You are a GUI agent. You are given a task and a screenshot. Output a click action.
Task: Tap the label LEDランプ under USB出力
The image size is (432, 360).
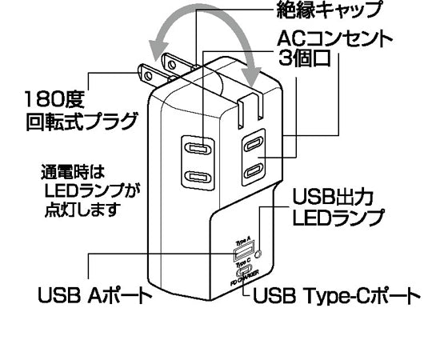[x=336, y=217]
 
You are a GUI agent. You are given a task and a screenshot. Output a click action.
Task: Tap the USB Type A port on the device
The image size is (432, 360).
[x=242, y=255]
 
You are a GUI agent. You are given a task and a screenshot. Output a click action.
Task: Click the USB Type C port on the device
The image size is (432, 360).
[x=242, y=272]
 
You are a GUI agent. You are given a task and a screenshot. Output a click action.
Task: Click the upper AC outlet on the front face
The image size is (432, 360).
[x=198, y=148]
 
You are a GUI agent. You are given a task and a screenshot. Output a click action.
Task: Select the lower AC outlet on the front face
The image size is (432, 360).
[x=198, y=177]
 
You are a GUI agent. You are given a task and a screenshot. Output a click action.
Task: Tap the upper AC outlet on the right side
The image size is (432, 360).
[x=253, y=144]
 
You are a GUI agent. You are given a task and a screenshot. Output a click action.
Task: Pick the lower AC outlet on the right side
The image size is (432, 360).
[x=253, y=170]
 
